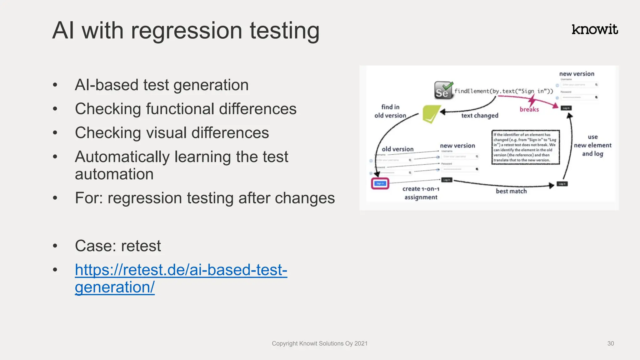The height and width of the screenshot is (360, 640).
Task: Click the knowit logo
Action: click(594, 29)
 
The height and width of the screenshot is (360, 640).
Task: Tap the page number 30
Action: click(611, 343)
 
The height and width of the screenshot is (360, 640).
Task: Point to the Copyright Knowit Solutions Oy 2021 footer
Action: click(319, 343)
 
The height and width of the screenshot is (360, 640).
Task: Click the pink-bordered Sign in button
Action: click(380, 183)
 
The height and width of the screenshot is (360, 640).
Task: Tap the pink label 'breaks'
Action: click(529, 109)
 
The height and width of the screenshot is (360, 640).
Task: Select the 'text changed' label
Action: click(480, 116)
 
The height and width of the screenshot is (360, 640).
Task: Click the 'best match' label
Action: click(511, 191)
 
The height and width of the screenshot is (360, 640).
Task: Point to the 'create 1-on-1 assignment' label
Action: click(421, 193)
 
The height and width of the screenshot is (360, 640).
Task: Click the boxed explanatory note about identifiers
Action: click(525, 147)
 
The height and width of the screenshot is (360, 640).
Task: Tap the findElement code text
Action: click(503, 91)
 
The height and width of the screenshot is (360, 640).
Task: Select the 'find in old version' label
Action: click(390, 111)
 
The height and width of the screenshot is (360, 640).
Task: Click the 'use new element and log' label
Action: click(592, 145)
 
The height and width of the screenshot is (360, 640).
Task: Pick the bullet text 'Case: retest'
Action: click(118, 246)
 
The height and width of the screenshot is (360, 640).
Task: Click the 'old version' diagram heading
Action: click(397, 149)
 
